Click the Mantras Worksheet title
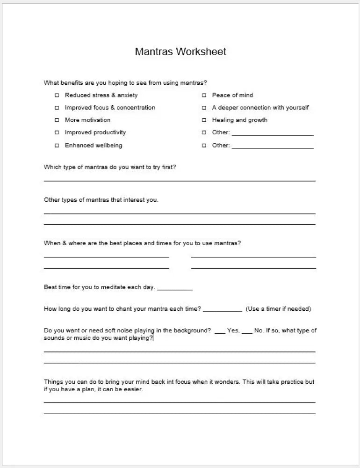(180, 51)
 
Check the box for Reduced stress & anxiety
(57, 95)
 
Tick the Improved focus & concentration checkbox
(57, 108)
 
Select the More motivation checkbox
(57, 120)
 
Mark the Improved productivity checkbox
(57, 132)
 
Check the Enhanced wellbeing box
(57, 146)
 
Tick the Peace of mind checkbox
(204, 95)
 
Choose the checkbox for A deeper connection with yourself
(204, 108)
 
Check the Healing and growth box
(204, 120)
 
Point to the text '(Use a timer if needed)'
(278, 309)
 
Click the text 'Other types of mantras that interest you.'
(101, 200)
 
